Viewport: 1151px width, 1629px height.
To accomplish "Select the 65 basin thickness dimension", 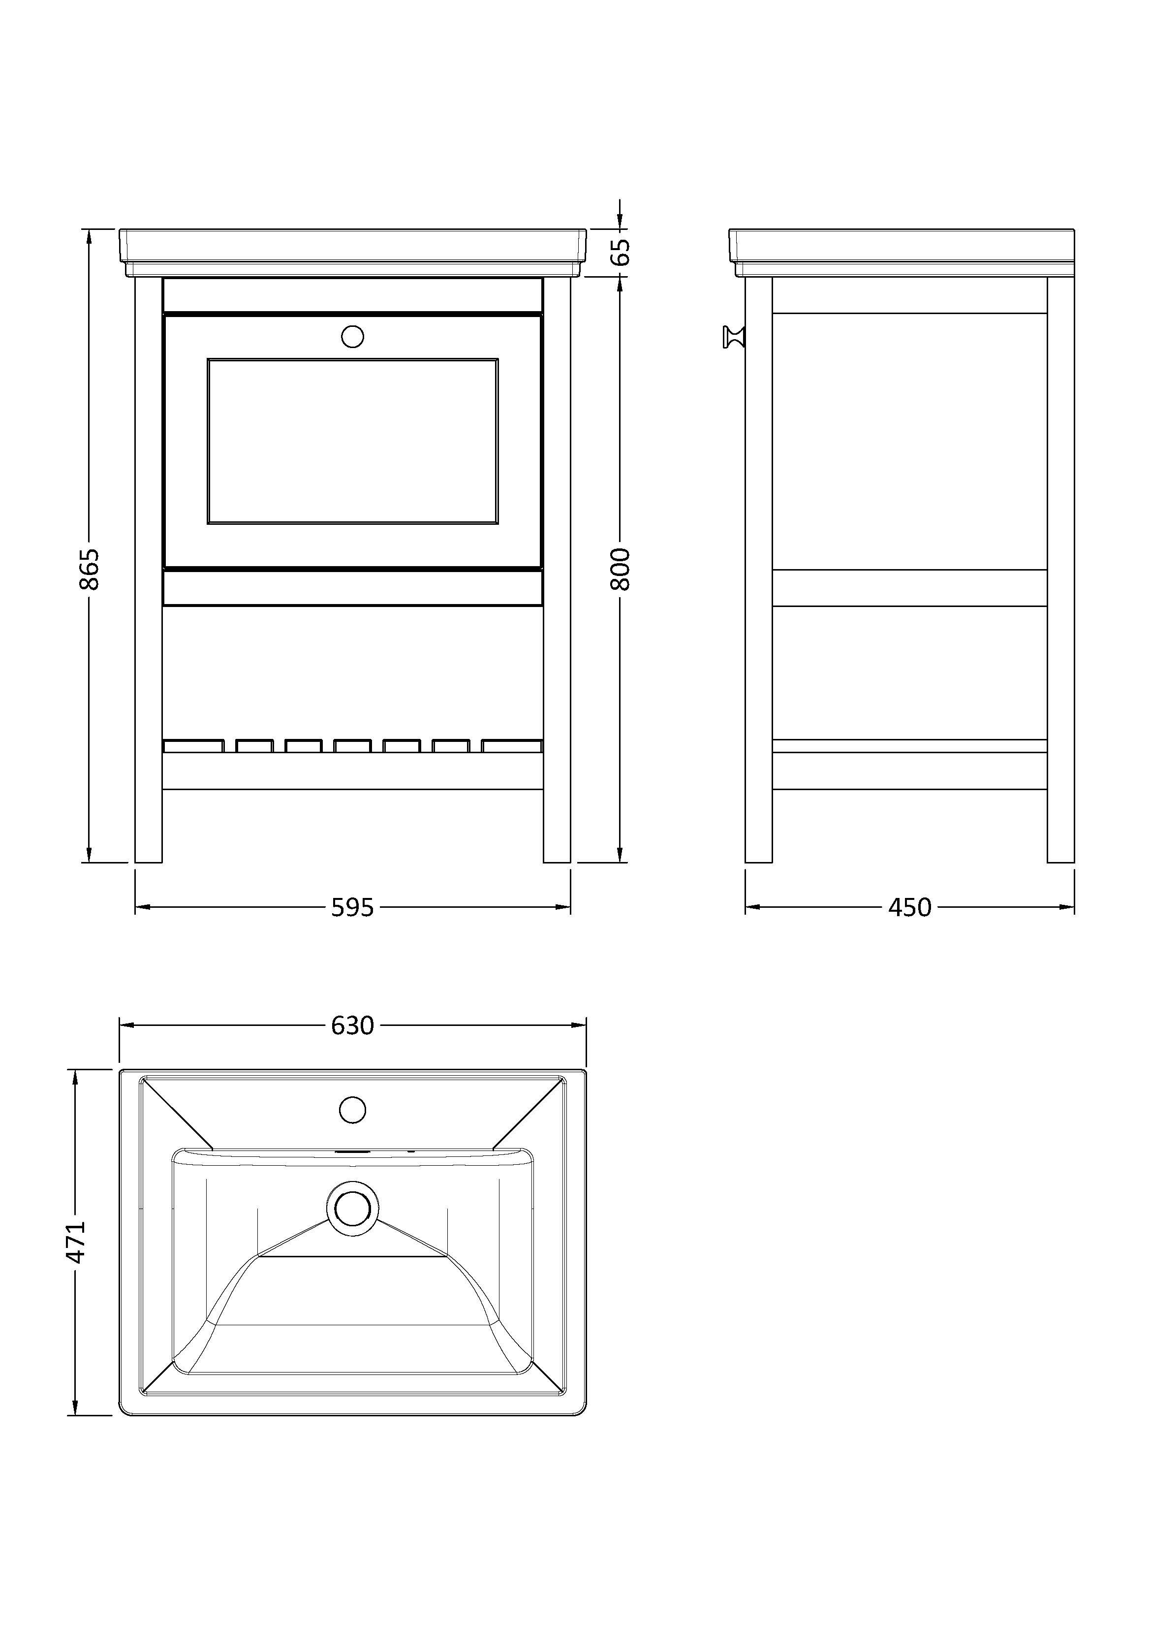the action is point(620,252).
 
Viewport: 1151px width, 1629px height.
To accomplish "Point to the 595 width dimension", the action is point(352,907).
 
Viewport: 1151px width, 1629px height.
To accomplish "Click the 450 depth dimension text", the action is point(910,907).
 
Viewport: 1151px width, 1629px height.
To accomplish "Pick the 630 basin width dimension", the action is point(352,1025).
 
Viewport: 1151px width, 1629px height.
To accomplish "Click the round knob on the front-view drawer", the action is point(352,336).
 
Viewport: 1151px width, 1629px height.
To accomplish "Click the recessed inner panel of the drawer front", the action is point(352,441).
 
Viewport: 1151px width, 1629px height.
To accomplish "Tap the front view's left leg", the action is point(148,570).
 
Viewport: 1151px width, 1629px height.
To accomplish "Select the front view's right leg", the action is point(557,570).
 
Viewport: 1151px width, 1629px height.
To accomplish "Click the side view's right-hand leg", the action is point(1061,570).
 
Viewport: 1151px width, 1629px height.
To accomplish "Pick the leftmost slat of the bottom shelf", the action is point(193,746).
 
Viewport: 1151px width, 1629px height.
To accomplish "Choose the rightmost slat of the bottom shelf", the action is point(512,746).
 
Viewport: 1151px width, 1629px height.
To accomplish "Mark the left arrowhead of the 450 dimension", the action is point(753,907).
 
